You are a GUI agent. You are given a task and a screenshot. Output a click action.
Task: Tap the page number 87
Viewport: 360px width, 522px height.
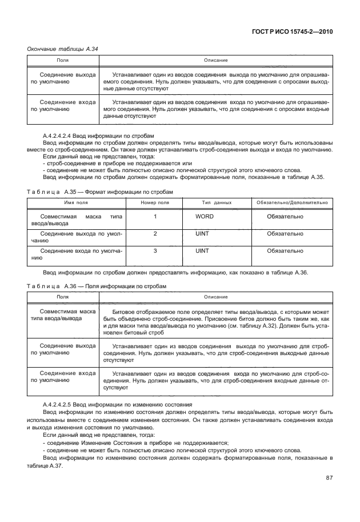328,478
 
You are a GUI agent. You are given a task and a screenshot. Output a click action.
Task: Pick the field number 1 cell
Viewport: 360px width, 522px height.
155,217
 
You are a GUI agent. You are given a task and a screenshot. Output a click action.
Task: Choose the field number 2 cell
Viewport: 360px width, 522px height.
155,234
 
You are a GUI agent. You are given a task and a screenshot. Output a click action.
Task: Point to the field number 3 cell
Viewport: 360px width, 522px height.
155,250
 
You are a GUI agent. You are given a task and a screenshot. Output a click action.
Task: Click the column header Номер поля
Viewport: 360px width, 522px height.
155,202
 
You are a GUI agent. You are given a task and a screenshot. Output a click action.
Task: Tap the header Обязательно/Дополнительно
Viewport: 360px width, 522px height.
291,202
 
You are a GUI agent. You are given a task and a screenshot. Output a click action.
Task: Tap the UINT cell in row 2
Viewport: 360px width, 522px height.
202,234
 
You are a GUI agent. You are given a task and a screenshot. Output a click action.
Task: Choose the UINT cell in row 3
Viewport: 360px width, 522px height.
202,250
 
